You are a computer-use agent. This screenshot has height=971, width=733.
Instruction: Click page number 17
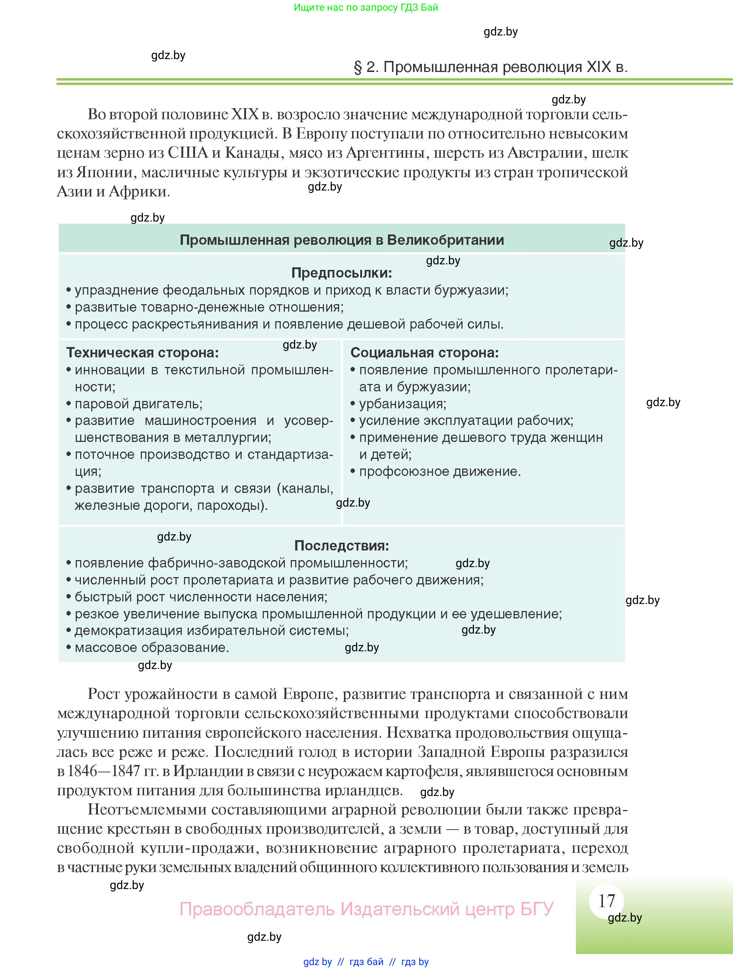[607, 901]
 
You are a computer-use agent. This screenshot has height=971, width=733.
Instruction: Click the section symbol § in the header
[358, 67]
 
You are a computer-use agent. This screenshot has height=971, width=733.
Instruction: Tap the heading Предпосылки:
[341, 273]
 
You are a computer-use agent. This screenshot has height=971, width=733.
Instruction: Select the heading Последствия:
[341, 546]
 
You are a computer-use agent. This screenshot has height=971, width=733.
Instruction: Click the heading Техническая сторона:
[142, 353]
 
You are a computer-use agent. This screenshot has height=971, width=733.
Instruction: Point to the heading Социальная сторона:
[424, 353]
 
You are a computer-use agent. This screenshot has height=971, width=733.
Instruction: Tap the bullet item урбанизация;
[402, 404]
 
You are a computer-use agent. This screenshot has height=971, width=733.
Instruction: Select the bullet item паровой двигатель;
[138, 404]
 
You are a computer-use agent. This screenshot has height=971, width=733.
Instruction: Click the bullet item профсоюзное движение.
[440, 471]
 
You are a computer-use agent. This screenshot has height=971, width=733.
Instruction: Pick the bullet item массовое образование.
[151, 648]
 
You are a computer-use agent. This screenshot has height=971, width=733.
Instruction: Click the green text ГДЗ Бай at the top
[419, 7]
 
